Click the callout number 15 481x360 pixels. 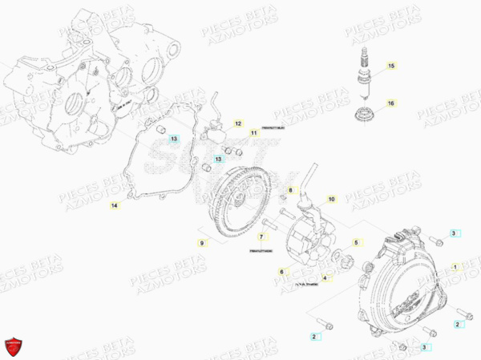pos(391,65)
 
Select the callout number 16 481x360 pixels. pos(391,103)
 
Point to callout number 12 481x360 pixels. pos(237,123)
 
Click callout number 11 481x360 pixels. pos(253,132)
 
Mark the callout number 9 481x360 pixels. pos(202,241)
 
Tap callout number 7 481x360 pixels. pos(261,237)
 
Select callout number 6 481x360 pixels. pos(282,272)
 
